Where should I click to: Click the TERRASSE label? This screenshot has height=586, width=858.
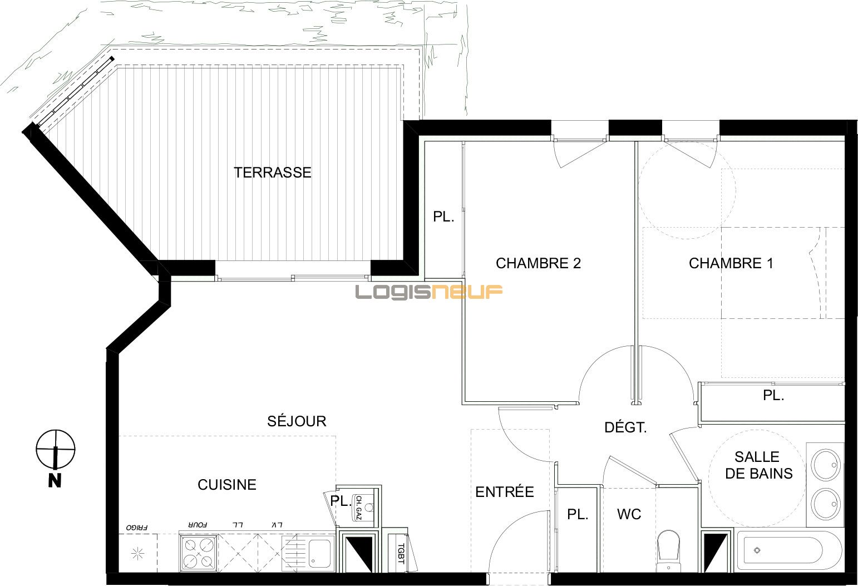pos(272,173)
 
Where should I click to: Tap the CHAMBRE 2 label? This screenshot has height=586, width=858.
pos(538,263)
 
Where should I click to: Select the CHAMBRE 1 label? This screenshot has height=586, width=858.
pos(731,263)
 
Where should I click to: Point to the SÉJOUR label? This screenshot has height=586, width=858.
pos(297,421)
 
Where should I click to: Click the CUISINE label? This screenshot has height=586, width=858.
pos(227,485)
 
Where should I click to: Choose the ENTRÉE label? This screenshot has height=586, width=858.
pos(504,492)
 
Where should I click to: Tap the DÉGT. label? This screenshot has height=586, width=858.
pos(625,427)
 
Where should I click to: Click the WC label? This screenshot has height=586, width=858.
pos(629,514)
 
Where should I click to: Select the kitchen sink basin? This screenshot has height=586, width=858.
pos(319,552)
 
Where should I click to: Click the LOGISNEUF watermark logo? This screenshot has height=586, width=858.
pos(429,292)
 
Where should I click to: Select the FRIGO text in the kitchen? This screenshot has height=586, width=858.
pos(136,526)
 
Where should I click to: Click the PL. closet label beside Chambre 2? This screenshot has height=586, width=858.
pos(443,217)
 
